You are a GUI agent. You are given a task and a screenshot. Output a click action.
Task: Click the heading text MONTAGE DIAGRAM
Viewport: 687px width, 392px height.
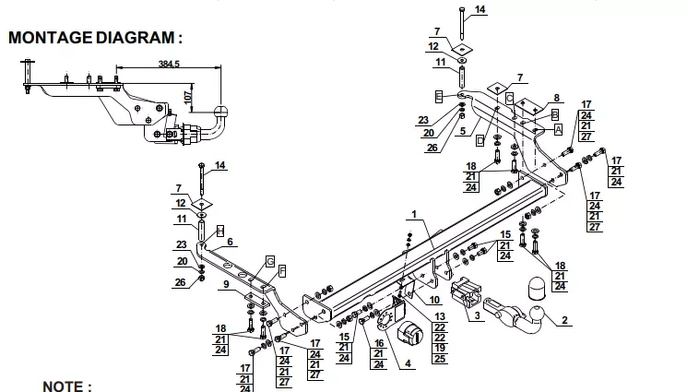pos(91,38)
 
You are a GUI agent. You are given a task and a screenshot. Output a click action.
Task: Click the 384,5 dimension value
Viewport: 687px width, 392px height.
pos(169,64)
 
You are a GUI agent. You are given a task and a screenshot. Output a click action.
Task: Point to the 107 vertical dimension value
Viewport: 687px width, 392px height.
pos(188,98)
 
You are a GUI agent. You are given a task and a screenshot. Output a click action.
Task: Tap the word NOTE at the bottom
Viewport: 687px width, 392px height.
pos(62,386)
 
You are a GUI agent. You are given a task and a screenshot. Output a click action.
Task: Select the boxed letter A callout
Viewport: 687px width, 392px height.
pos(558,130)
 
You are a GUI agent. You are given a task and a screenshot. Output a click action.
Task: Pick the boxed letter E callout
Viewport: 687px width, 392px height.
pos(439,97)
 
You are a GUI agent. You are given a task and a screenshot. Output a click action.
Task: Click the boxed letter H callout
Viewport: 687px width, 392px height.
pos(220,232)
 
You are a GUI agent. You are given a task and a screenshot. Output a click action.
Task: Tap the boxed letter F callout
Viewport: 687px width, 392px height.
pos(282,271)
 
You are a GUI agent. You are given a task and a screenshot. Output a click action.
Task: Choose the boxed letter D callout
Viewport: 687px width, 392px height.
pos(480,141)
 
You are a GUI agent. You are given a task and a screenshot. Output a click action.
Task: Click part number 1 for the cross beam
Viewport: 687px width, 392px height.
pos(414,214)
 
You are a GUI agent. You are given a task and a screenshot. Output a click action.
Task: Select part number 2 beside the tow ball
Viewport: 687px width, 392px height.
pos(564,321)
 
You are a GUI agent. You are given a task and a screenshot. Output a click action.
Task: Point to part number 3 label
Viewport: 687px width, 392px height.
pos(477,315)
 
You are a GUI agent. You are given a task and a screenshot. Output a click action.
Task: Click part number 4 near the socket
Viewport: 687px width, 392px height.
pos(408,363)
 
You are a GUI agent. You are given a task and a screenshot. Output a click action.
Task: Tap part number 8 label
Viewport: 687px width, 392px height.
pos(556,98)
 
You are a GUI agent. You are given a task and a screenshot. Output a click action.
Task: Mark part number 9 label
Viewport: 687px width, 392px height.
pos(226,284)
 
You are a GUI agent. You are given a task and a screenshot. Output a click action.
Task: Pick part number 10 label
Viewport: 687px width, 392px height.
pos(434,300)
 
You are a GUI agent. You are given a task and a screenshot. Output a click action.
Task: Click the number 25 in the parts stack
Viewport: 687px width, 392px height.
pos(440,359)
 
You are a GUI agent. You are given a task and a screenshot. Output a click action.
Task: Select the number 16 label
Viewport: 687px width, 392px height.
pos(379,343)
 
